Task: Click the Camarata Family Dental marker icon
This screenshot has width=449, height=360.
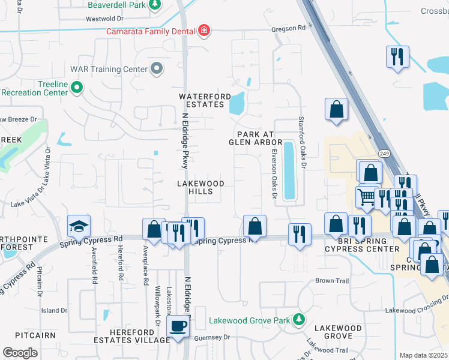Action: [x=204, y=31]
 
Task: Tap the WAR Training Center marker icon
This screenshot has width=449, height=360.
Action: [x=157, y=69]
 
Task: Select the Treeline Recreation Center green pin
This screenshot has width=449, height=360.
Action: [x=77, y=88]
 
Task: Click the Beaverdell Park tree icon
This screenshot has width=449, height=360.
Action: [x=155, y=5]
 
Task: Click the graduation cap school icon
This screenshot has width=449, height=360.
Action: [x=78, y=226]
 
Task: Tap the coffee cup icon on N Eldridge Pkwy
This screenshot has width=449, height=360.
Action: [x=177, y=326]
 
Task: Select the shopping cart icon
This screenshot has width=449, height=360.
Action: [x=366, y=196]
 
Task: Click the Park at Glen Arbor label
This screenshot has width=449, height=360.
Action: [x=256, y=139]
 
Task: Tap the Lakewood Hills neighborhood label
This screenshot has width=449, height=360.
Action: [x=200, y=187]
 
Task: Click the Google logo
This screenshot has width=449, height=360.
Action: [x=20, y=352]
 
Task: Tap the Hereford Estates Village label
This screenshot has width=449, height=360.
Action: [x=140, y=336]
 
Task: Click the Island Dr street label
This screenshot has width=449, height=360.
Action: [x=55, y=310]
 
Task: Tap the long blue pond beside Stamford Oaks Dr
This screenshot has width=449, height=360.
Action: [x=289, y=170]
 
